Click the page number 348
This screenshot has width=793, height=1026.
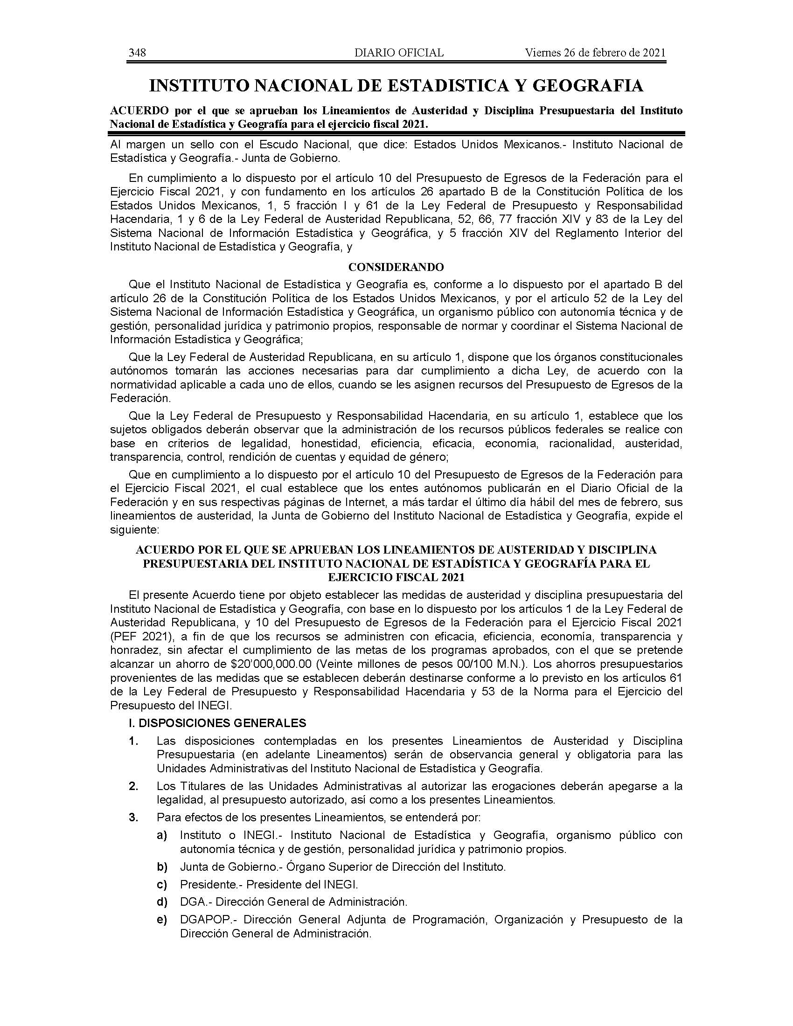(137, 53)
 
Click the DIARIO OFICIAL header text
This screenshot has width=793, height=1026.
(399, 53)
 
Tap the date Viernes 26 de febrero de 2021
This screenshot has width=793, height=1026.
(595, 53)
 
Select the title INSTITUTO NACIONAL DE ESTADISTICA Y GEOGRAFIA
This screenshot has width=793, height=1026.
(396, 85)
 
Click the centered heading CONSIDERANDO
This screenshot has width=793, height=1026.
(396, 267)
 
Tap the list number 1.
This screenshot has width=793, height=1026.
(134, 742)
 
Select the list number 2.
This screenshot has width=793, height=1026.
(134, 786)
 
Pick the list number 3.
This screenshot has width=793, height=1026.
(134, 818)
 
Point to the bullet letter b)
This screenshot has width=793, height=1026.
(162, 867)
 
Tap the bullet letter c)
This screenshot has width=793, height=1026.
(162, 885)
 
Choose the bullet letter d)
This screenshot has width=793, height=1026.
(162, 902)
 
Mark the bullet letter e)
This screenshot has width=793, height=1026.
(162, 920)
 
